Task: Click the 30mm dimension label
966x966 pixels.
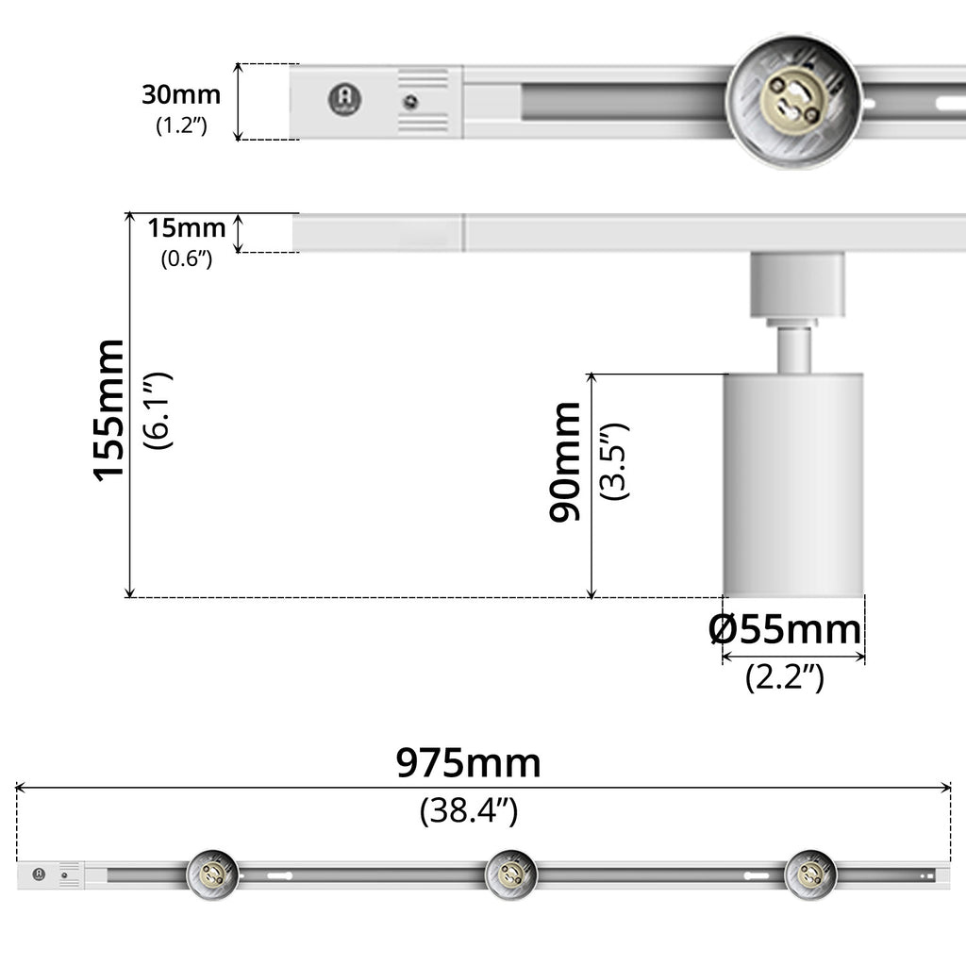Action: pos(181,94)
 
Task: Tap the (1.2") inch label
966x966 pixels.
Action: pos(181,125)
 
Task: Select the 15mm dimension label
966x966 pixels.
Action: pos(187,228)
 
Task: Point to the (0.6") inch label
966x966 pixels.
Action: pos(187,258)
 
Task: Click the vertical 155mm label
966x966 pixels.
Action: pos(108,409)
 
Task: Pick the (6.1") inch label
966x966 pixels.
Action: pos(158,410)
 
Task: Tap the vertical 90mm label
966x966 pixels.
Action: pos(565,462)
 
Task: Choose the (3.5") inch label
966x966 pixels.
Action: pos(614,462)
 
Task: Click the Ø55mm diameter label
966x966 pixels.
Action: pos(785,629)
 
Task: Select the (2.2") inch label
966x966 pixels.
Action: pos(784,677)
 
